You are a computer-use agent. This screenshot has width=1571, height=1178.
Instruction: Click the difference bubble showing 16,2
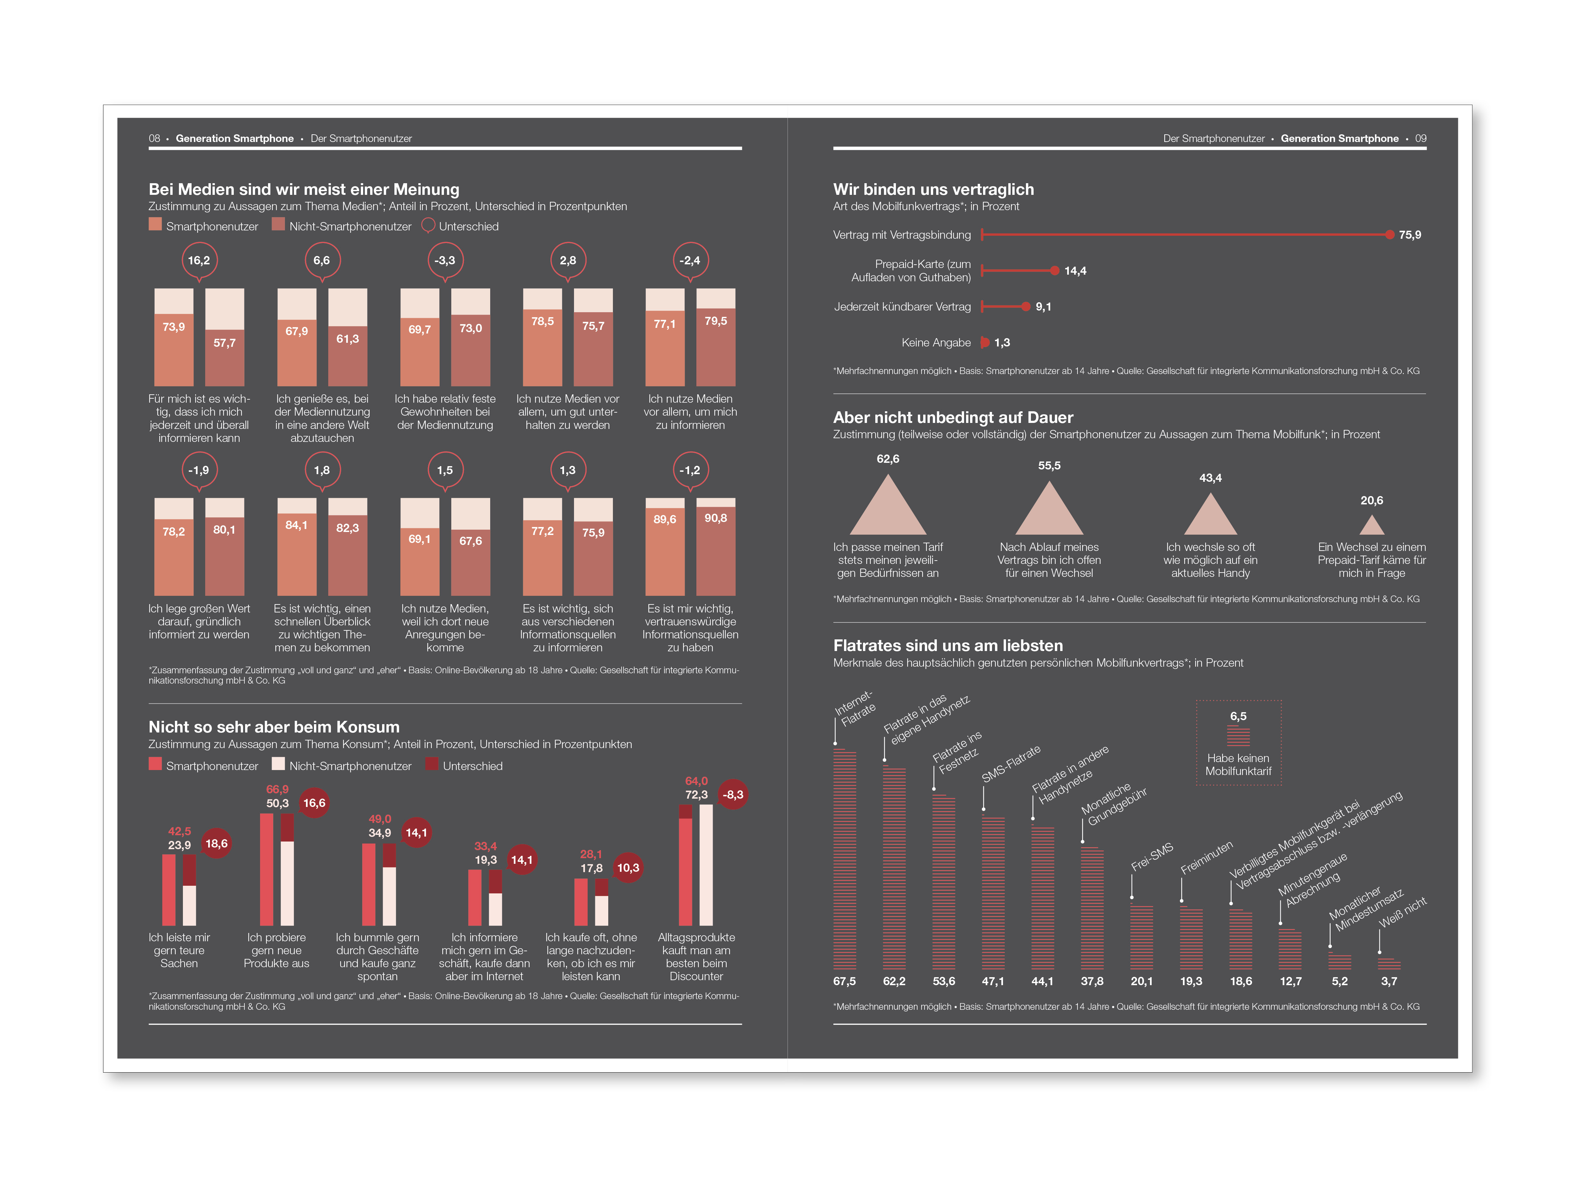click(199, 261)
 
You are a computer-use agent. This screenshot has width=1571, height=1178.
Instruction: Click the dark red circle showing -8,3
click(733, 795)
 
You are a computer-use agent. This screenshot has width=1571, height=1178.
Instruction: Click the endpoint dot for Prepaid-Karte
click(1055, 271)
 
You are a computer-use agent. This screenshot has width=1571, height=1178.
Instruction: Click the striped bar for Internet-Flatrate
click(844, 859)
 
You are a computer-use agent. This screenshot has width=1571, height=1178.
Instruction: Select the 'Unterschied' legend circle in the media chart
click(428, 226)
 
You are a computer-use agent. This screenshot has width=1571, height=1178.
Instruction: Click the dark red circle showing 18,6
click(216, 844)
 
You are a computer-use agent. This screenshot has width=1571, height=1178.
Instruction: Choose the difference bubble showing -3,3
click(445, 261)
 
